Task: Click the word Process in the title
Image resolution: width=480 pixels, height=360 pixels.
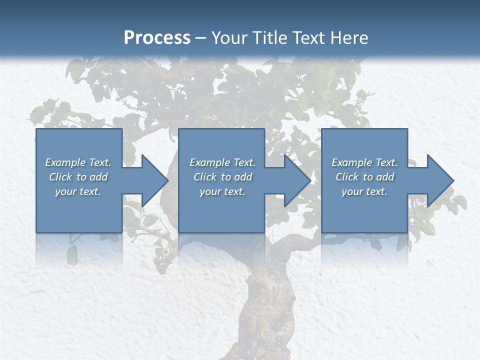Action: tap(157, 38)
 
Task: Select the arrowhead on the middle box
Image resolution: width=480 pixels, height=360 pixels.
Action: tap(296, 180)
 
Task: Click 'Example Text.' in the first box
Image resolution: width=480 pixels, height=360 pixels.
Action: tap(78, 162)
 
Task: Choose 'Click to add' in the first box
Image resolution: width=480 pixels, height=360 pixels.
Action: tap(78, 177)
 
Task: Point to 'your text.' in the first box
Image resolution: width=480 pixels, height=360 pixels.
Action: tap(78, 191)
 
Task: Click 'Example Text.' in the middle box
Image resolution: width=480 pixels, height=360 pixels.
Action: tap(222, 162)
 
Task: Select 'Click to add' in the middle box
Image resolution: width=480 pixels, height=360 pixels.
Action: tap(222, 177)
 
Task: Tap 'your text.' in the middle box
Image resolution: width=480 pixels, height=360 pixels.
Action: tap(222, 191)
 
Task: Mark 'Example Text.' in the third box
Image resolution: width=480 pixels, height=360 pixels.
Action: tap(364, 162)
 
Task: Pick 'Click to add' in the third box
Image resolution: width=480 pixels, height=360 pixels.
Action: tap(364, 177)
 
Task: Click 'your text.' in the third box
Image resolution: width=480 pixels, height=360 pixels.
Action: tap(364, 191)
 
